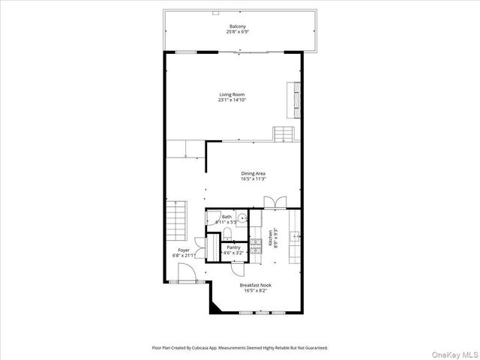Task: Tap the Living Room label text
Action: point(232,94)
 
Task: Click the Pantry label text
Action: point(233,247)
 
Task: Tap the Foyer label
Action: point(184,250)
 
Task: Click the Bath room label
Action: point(226,217)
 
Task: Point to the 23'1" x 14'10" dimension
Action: point(232,100)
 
